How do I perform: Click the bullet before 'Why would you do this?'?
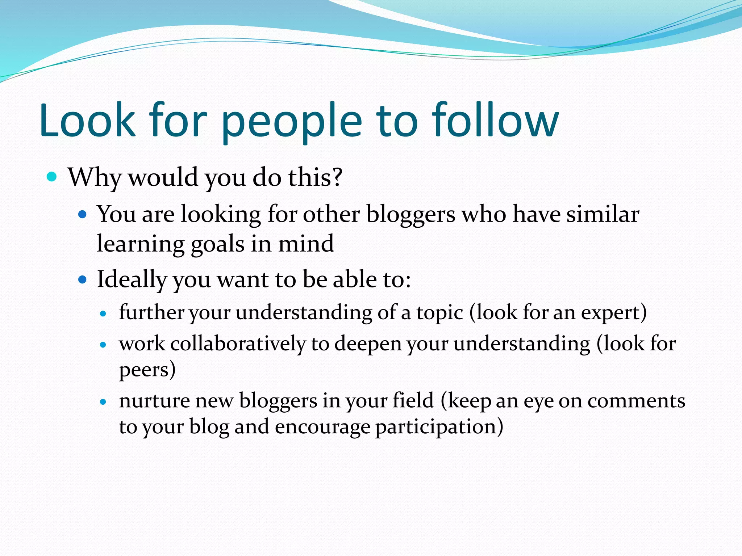click(x=52, y=177)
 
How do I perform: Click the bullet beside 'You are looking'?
click(x=83, y=215)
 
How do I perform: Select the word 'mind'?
click(x=305, y=243)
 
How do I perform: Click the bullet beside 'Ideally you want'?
click(x=83, y=279)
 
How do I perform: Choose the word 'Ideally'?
click(x=132, y=280)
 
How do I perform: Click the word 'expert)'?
click(x=614, y=312)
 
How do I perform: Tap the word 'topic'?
click(x=439, y=312)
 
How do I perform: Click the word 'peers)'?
click(x=147, y=370)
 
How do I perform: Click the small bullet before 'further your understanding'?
click(x=104, y=313)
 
